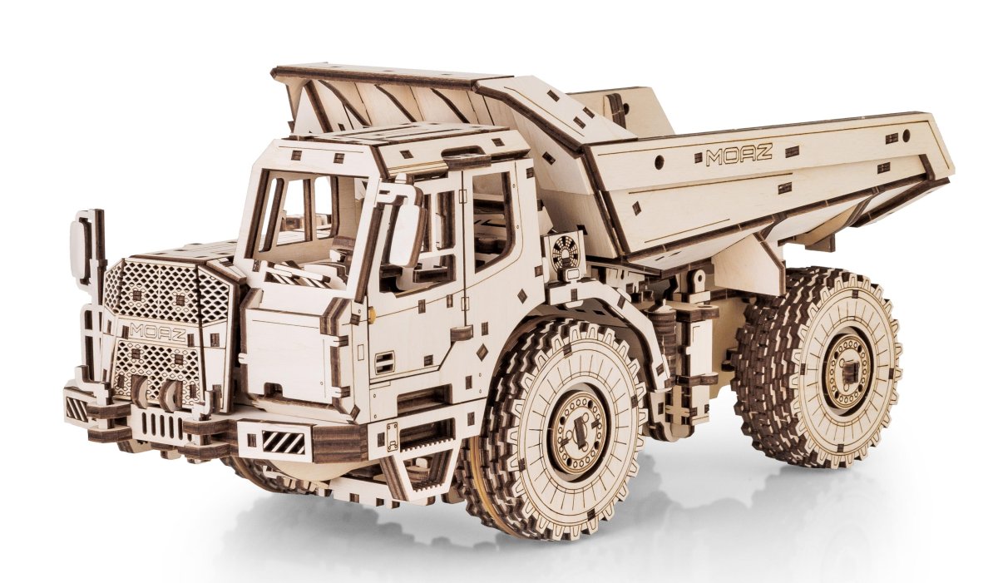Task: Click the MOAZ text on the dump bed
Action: coord(739,154)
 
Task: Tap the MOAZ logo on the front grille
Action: coord(158,333)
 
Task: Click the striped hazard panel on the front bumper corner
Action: coord(284,442)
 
